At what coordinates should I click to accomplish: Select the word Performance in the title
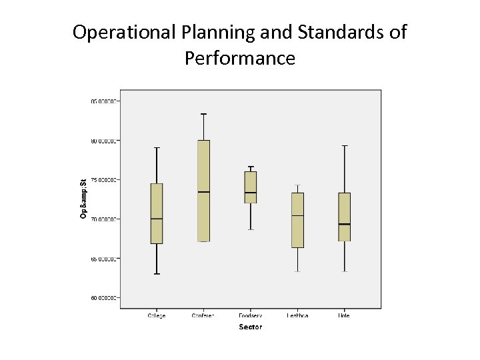click(x=239, y=59)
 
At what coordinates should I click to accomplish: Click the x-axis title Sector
click(x=250, y=327)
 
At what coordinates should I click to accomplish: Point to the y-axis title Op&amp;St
click(x=83, y=199)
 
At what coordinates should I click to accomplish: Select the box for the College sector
click(x=157, y=213)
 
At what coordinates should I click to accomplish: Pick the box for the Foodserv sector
click(x=250, y=187)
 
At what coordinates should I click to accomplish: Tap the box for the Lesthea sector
click(x=297, y=220)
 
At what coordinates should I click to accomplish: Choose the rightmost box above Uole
click(x=344, y=217)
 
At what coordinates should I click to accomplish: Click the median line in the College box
click(x=157, y=219)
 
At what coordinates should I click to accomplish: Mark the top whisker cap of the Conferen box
click(x=203, y=114)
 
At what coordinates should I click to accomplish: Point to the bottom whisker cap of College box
click(x=157, y=274)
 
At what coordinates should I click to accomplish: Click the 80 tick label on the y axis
click(x=104, y=141)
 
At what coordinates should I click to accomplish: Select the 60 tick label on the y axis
click(x=104, y=297)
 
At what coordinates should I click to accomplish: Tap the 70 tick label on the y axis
click(x=104, y=219)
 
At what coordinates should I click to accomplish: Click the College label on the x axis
click(x=157, y=315)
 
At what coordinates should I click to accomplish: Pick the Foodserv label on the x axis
click(x=250, y=315)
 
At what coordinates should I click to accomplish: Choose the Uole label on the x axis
click(x=344, y=315)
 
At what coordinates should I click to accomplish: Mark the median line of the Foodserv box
click(x=250, y=193)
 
